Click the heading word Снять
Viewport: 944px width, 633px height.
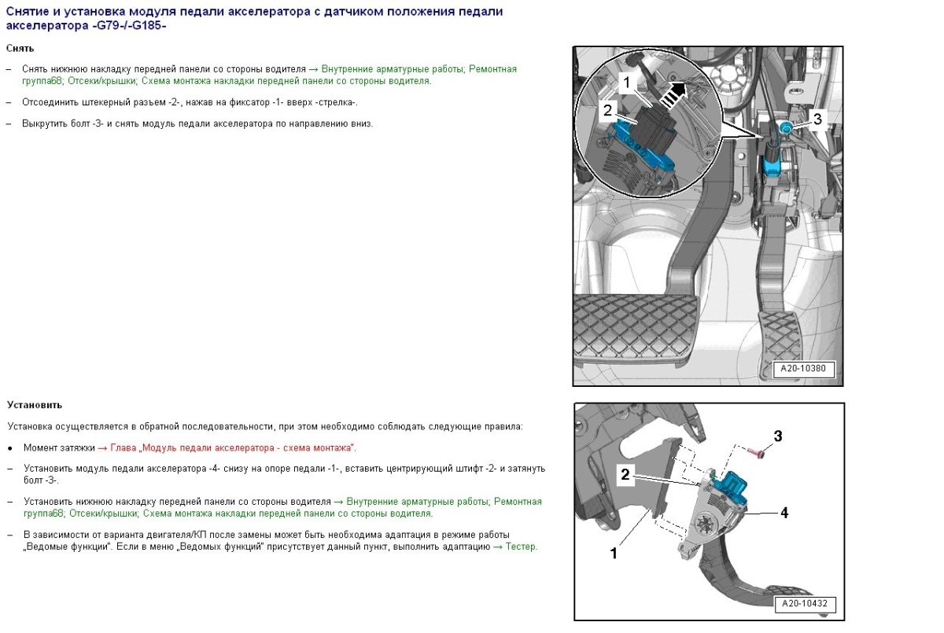pyautogui.click(x=20, y=49)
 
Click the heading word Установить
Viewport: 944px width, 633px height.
pyautogui.click(x=35, y=405)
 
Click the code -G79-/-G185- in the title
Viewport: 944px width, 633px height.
pyautogui.click(x=128, y=26)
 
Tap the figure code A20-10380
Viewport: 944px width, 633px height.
pyautogui.click(x=803, y=369)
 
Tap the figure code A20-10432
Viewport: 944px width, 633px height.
pyautogui.click(x=805, y=604)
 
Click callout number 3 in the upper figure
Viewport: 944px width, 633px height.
pyautogui.click(x=817, y=120)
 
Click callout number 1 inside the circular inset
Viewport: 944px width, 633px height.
pyautogui.click(x=627, y=83)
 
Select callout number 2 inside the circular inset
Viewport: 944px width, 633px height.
pyautogui.click(x=607, y=110)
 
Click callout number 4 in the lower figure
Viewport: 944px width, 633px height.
pyautogui.click(x=784, y=513)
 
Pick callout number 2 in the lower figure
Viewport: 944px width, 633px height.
pyautogui.click(x=625, y=475)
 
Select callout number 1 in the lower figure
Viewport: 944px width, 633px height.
pyautogui.click(x=614, y=553)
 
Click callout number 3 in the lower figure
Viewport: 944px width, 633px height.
pyautogui.click(x=778, y=436)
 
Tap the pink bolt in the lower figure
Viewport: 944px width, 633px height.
pyautogui.click(x=756, y=453)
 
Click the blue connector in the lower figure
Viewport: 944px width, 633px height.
pyautogui.click(x=732, y=487)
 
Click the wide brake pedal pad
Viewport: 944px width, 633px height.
pyautogui.click(x=636, y=329)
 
